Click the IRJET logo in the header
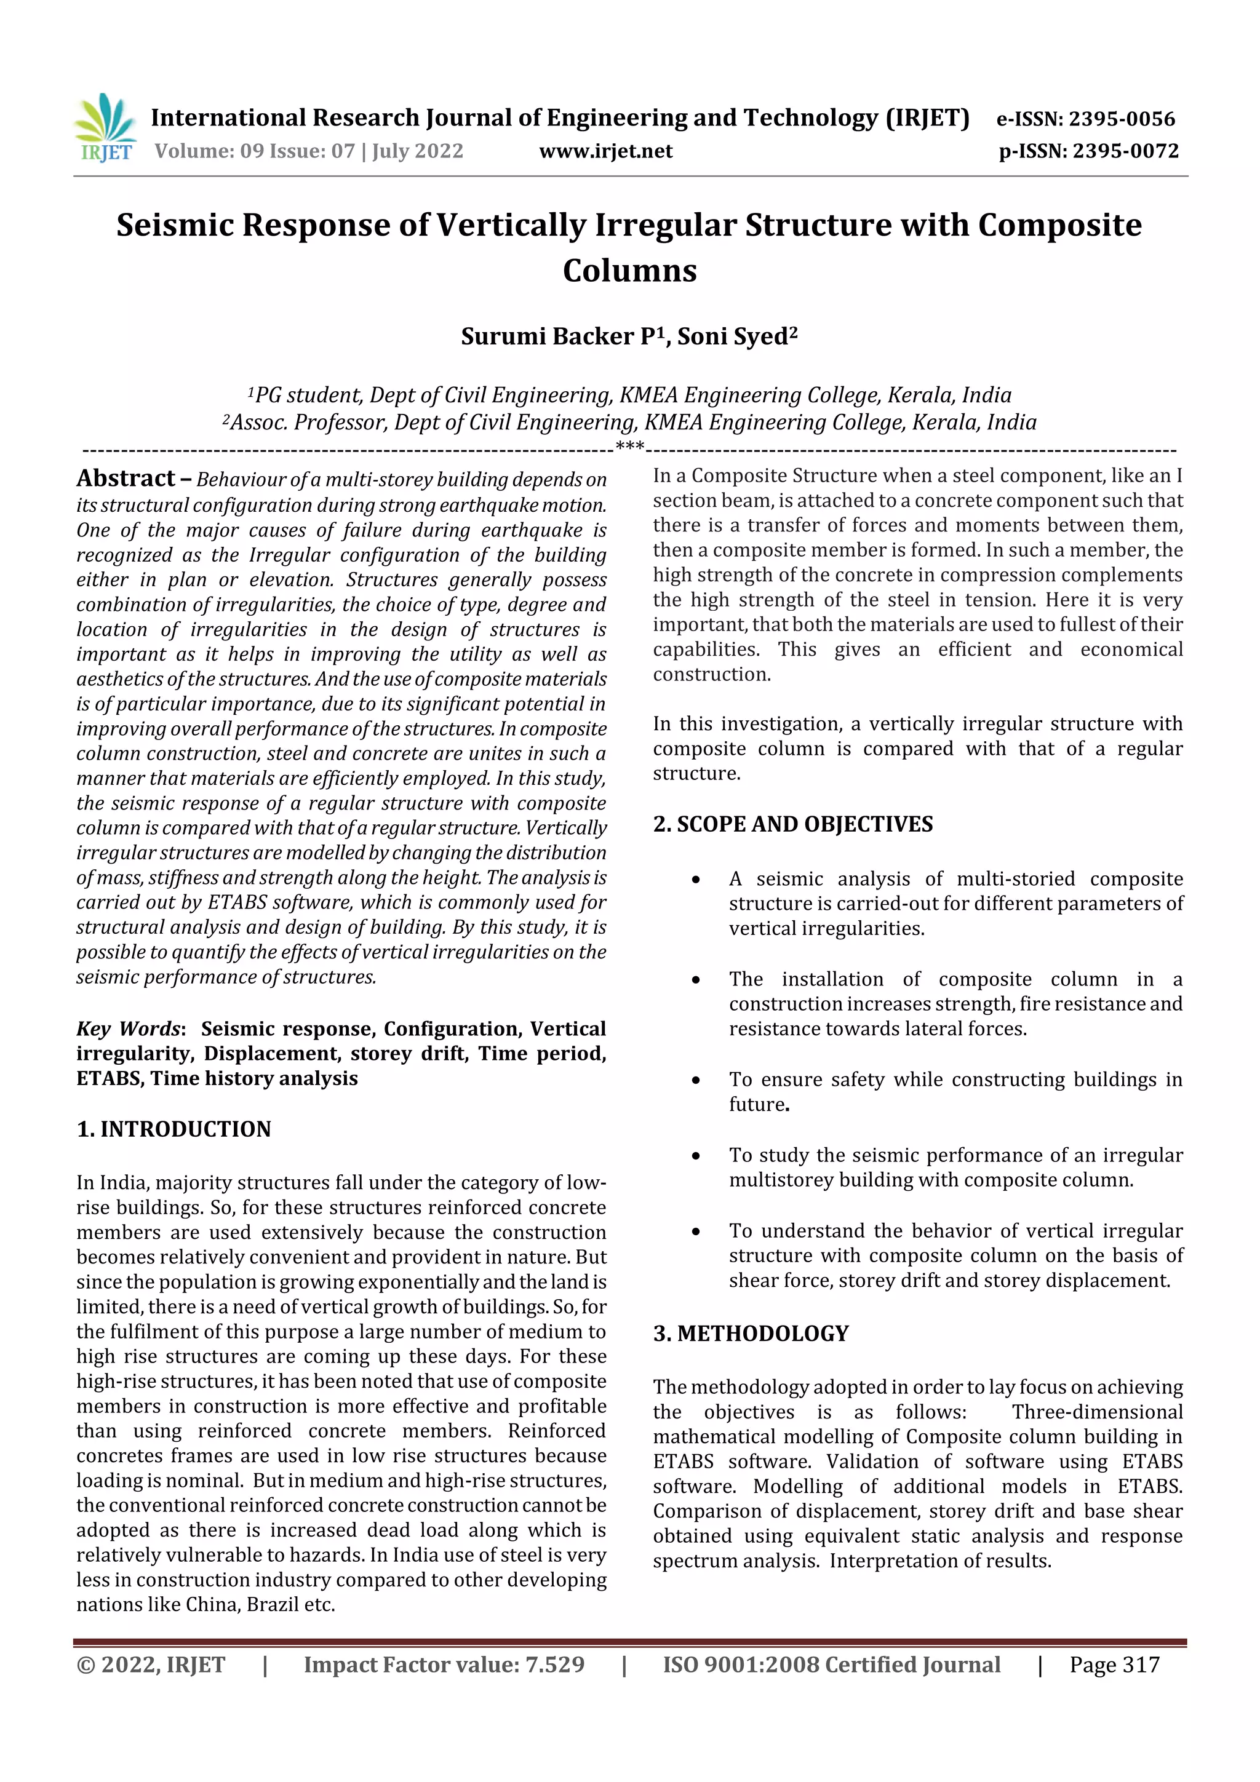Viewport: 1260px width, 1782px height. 106,128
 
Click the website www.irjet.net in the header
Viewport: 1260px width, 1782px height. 605,151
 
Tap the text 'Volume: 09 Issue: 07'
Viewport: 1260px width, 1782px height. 255,151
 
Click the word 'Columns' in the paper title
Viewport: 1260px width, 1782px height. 629,270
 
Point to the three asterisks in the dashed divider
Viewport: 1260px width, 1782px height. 629,447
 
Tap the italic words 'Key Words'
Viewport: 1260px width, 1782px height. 128,1028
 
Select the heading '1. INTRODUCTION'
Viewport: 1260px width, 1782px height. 174,1129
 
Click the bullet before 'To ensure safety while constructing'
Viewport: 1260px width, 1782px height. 696,1080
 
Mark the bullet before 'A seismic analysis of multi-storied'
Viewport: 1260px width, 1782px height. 696,880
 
